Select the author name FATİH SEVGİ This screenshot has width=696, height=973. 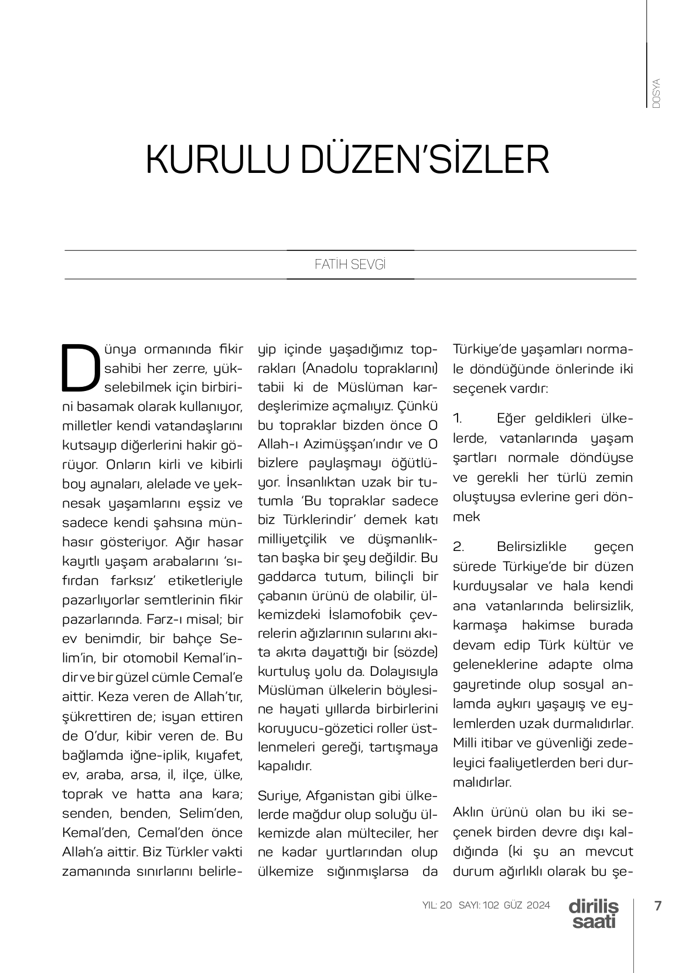[350, 264]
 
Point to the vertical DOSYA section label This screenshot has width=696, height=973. [656, 93]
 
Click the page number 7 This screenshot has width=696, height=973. [657, 906]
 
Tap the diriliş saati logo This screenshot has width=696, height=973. [593, 914]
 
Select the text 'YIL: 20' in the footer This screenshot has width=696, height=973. [437, 906]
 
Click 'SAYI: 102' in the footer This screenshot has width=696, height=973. [479, 906]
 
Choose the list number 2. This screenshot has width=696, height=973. [458, 547]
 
